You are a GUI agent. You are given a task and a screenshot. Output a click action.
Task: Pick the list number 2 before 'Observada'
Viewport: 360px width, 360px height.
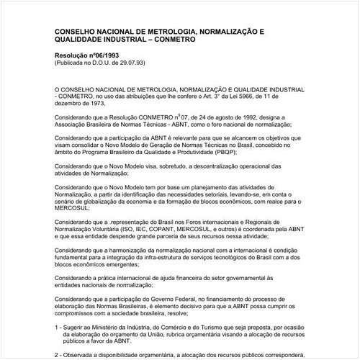[58, 355]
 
